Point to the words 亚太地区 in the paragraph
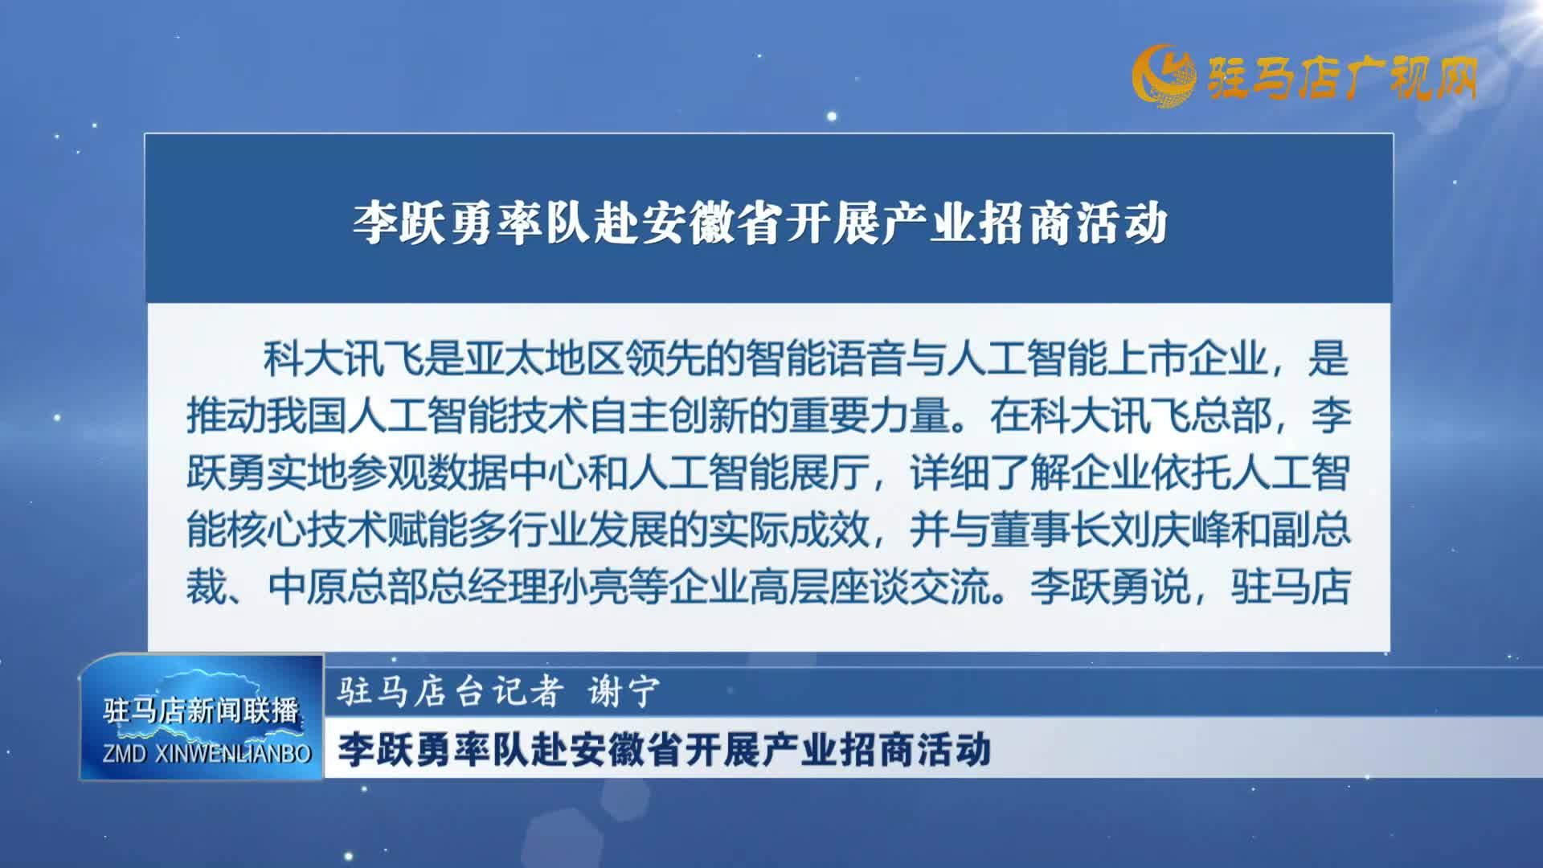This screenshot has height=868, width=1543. click(x=544, y=358)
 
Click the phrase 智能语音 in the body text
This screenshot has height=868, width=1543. click(x=825, y=358)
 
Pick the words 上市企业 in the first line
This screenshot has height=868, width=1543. click(x=1187, y=358)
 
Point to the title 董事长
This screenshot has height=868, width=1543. click(x=1050, y=530)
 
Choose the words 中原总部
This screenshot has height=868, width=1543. click(x=347, y=587)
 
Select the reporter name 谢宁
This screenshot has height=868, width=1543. click(x=624, y=690)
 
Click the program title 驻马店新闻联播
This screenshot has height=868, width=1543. click(x=201, y=710)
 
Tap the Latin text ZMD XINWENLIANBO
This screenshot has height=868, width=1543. click(x=207, y=753)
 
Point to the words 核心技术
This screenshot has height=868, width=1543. click(x=307, y=530)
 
